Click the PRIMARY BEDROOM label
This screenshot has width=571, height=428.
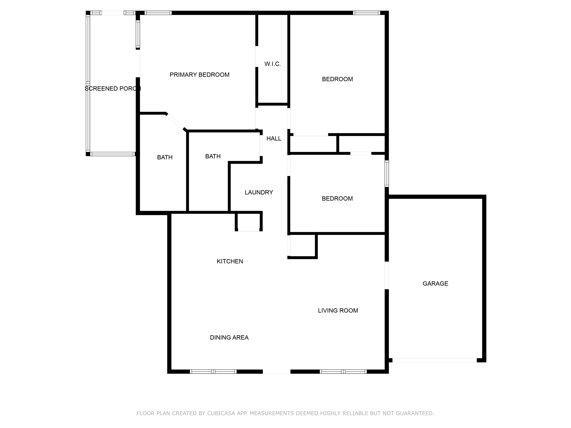pyautogui.click(x=199, y=75)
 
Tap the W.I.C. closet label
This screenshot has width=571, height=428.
pyautogui.click(x=273, y=64)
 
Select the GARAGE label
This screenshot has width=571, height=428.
pyautogui.click(x=435, y=284)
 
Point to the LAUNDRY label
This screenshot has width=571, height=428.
pyautogui.click(x=259, y=193)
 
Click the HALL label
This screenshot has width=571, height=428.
pyautogui.click(x=274, y=138)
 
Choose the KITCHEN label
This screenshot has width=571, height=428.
pyautogui.click(x=230, y=261)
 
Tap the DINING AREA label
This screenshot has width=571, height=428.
pyautogui.click(x=229, y=337)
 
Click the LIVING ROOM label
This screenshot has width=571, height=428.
pyautogui.click(x=338, y=311)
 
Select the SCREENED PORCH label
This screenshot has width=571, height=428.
pyautogui.click(x=113, y=88)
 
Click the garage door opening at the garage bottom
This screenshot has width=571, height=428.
pyautogui.click(x=435, y=360)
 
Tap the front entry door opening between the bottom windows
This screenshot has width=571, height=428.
pyautogui.click(x=277, y=372)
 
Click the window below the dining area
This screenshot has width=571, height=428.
pyautogui.click(x=213, y=372)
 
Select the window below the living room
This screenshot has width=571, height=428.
pyautogui.click(x=343, y=372)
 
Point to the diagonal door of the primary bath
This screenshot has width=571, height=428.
pyautogui.click(x=175, y=121)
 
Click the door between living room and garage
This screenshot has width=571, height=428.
pyautogui.click(x=387, y=275)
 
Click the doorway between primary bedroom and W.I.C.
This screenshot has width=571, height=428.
pyautogui.click(x=257, y=56)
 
